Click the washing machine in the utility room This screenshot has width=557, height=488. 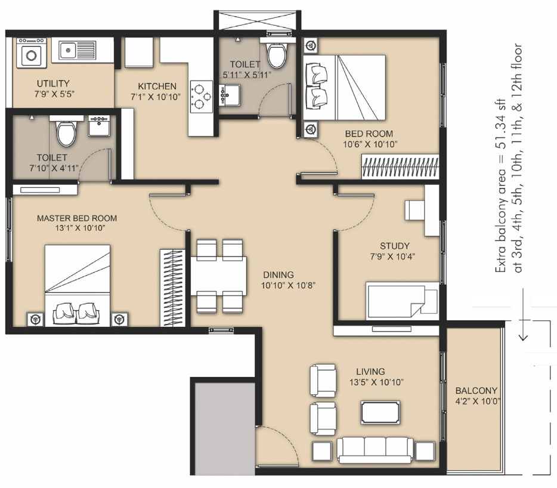(31, 53)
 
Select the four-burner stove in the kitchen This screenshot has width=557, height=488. (202, 96)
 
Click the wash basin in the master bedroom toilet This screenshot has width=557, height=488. (99, 126)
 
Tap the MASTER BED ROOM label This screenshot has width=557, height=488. (77, 218)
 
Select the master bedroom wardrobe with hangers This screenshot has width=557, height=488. (172, 288)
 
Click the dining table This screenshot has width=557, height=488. (218, 276)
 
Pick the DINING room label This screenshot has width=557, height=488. (278, 275)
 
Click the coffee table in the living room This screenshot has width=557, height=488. (380, 412)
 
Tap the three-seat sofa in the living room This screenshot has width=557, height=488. (375, 450)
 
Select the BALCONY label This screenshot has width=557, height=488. (476, 391)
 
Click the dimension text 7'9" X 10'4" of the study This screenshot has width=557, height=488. (392, 257)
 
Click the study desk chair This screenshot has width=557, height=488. (414, 211)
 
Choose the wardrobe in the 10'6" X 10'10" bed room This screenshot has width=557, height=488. (400, 166)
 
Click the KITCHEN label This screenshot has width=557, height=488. (157, 87)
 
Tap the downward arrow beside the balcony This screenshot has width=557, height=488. (523, 315)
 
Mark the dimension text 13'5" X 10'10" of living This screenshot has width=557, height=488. (376, 382)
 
